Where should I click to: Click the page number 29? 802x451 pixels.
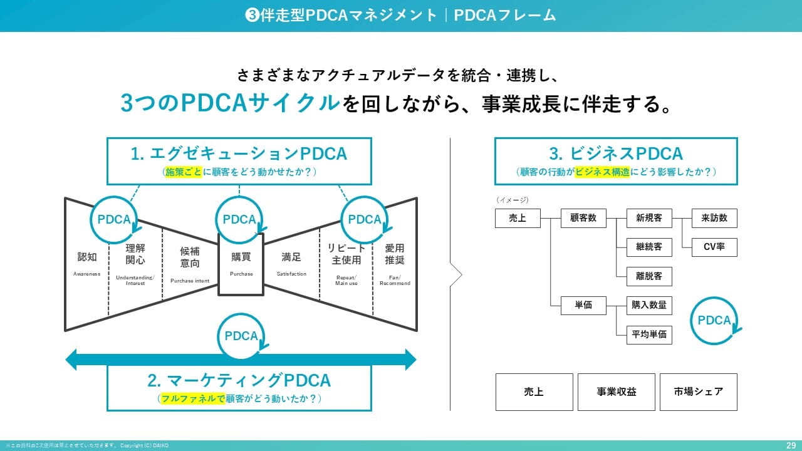(x=791, y=445)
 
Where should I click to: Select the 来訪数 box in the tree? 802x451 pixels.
(x=714, y=218)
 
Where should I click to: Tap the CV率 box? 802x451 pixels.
(x=714, y=247)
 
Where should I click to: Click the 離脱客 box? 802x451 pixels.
(x=649, y=276)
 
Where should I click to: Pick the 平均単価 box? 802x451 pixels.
(x=649, y=334)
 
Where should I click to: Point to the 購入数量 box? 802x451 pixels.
(x=649, y=305)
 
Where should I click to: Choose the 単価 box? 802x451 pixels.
(x=583, y=305)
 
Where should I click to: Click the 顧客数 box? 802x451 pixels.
(x=583, y=218)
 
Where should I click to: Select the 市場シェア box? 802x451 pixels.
(x=698, y=391)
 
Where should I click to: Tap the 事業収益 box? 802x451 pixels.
(x=617, y=391)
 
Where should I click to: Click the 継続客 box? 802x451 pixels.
(x=649, y=247)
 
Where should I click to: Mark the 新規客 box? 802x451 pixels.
(x=649, y=218)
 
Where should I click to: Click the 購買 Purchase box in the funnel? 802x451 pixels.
(x=241, y=264)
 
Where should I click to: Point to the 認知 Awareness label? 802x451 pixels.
(x=87, y=264)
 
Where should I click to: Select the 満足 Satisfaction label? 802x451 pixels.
(x=291, y=264)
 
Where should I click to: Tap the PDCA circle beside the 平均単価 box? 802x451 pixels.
(x=714, y=320)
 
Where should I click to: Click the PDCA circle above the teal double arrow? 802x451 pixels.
(x=241, y=336)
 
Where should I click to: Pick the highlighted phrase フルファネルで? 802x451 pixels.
(x=192, y=398)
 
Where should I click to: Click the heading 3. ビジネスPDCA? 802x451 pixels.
(x=616, y=153)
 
